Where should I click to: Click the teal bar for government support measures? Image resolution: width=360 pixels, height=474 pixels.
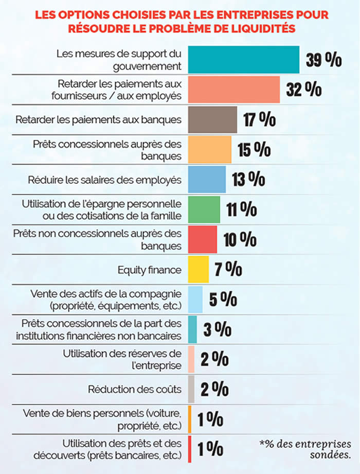tap(244, 60)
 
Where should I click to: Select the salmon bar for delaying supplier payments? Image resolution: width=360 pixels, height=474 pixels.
tap(234, 90)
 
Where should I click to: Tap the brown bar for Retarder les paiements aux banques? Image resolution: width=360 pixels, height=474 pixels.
tap(212, 119)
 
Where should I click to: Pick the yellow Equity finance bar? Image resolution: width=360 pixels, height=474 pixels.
tap(199, 269)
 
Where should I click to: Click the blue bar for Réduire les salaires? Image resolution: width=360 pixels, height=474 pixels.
tap(207, 179)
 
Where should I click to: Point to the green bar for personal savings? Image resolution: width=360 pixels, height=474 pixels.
tap(204, 209)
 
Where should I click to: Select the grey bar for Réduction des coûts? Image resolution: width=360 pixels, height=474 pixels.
tap(191, 389)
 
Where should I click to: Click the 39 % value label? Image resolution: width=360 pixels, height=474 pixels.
tap(323, 60)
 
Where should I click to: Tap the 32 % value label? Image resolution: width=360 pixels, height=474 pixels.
tap(304, 90)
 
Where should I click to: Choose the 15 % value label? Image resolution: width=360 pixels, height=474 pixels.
tap(254, 149)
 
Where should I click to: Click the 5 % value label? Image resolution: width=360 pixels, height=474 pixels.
tap(222, 299)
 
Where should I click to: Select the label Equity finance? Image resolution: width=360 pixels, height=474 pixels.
tap(149, 269)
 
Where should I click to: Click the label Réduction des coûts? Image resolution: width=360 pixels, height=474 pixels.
tap(135, 389)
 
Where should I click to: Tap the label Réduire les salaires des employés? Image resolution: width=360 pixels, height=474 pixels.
tap(104, 180)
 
